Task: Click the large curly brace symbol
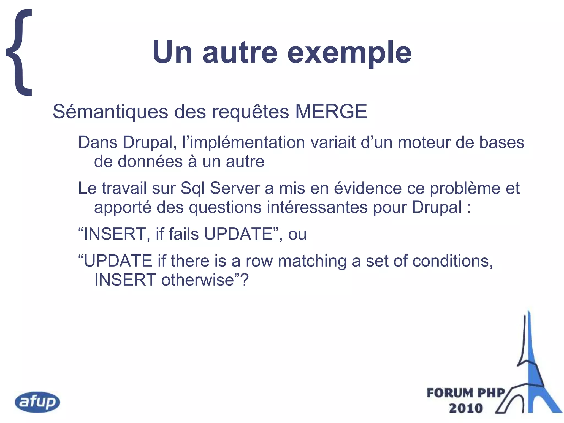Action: pos(19,52)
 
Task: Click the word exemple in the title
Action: pos(349,52)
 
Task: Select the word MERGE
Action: pos(331,112)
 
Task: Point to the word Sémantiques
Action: pos(110,112)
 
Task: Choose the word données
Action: pos(150,161)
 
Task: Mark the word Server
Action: pos(235,189)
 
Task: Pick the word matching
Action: pos(312,261)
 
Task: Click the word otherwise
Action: pos(197,280)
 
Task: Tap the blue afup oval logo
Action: pos(37,402)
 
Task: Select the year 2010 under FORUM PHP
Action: pos(466,408)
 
